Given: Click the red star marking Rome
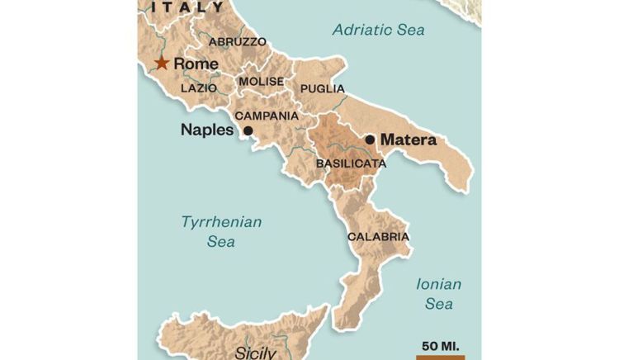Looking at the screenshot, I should tap(162, 64).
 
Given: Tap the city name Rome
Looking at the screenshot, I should tap(196, 64).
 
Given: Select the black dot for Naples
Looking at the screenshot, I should tap(248, 130).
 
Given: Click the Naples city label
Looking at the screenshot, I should tap(206, 130).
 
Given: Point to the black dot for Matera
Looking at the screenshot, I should tap(370, 140).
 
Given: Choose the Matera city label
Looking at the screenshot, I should tap(408, 140).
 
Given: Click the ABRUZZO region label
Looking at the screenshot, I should tap(238, 41).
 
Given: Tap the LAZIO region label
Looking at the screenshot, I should tap(198, 88).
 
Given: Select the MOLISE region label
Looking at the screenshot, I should tap(261, 82).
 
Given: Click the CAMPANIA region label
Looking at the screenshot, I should tap(267, 116).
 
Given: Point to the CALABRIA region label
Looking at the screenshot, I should tap(378, 236).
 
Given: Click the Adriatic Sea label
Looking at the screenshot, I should tap(378, 30).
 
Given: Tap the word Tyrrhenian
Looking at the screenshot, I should tap(221, 221).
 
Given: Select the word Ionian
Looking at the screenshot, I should tap(438, 284).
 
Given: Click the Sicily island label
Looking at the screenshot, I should tap(255, 353).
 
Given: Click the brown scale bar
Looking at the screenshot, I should tap(440, 357).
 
